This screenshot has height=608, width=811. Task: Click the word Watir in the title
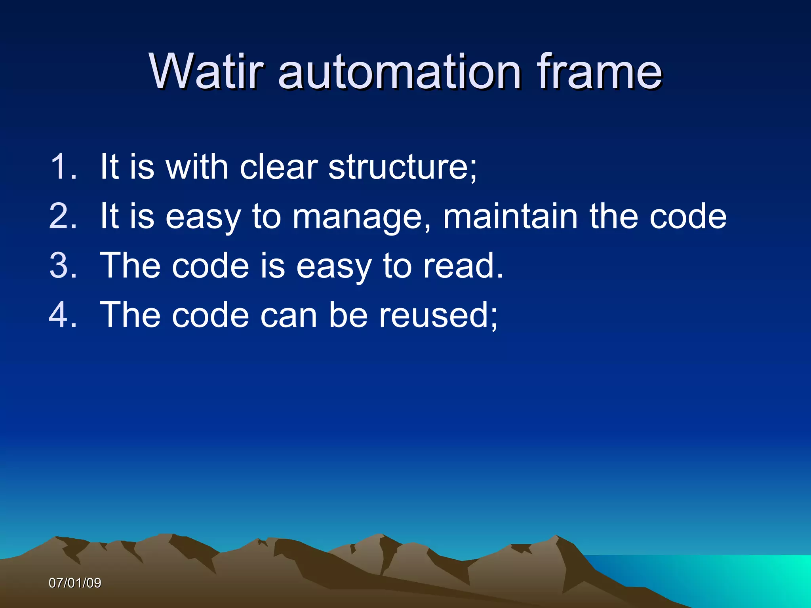206,72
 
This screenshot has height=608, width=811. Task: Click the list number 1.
63,167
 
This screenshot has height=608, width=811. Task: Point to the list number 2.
63,216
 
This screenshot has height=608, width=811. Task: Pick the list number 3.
63,266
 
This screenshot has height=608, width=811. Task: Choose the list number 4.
63,315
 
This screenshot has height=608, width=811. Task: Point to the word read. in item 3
463,266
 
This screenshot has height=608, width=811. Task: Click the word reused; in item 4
438,315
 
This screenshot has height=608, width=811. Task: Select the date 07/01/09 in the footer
75,583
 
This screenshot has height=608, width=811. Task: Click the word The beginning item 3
130,266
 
